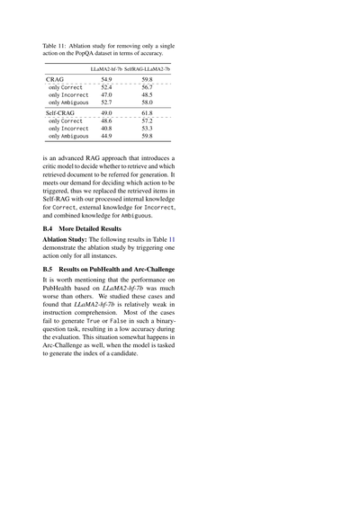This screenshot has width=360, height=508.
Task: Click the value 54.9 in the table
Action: point(106,80)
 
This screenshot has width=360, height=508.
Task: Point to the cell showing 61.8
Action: point(147,112)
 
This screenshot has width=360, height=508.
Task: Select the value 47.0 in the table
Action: point(106,94)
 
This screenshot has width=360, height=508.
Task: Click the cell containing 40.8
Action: point(106,128)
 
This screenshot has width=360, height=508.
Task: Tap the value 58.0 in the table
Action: point(147,102)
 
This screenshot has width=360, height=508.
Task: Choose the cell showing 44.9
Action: point(106,136)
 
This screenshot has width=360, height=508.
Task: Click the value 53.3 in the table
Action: point(147,128)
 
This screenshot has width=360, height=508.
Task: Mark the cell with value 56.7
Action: point(147,87)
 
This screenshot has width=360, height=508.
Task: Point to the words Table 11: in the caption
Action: point(58,44)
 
